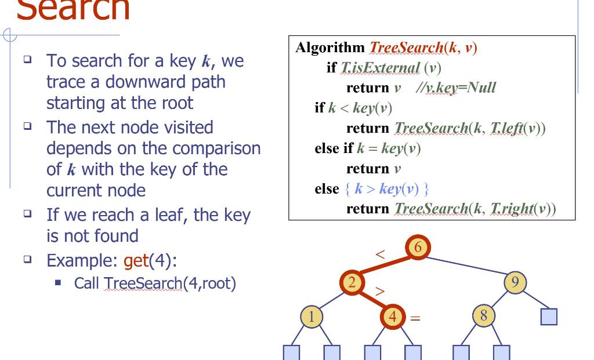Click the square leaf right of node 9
[549, 317]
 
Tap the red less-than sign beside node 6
[381, 255]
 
